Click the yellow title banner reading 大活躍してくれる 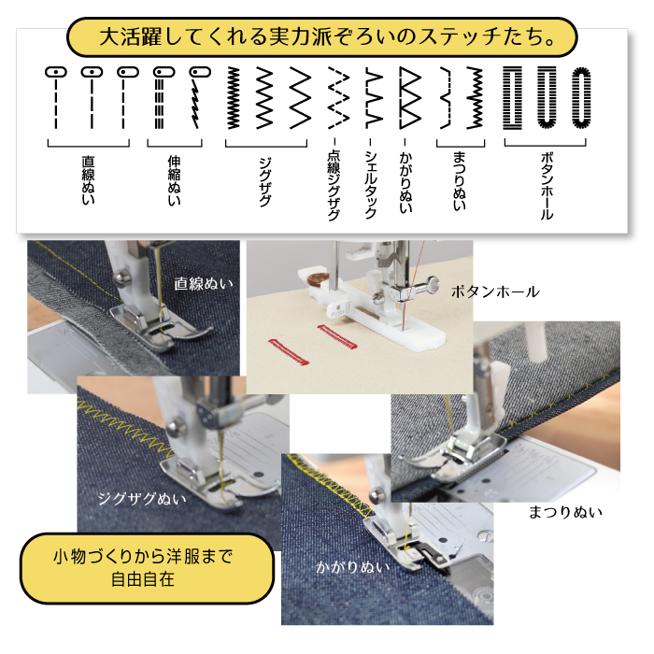click(322, 37)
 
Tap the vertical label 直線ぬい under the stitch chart click(88, 180)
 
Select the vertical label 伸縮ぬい click(174, 180)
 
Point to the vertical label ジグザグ click(265, 182)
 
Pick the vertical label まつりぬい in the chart click(460, 181)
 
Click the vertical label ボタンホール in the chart click(547, 186)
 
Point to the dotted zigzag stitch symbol click(338, 97)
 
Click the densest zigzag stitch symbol click(234, 97)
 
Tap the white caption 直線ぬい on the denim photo click(203, 284)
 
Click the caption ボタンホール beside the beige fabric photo click(495, 291)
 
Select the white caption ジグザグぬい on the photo click(142, 498)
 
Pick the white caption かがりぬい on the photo click(353, 567)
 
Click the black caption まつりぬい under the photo click(565, 512)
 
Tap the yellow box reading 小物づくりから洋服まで click(147, 568)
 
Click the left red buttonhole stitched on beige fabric click(288, 351)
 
